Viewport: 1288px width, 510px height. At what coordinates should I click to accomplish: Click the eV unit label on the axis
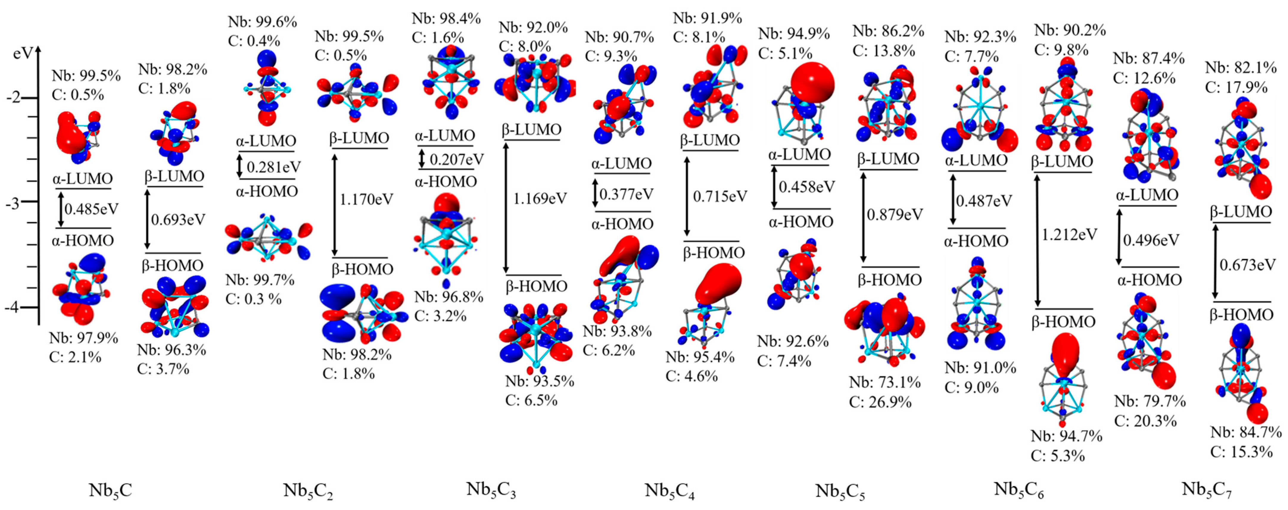pyautogui.click(x=23, y=54)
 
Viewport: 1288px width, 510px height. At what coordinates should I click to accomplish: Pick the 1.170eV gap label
pyautogui.click(x=367, y=199)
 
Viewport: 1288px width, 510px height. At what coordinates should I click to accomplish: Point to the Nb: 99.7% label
pyautogui.click(x=259, y=280)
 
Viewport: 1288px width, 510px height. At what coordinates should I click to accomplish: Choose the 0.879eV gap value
pyautogui.click(x=895, y=214)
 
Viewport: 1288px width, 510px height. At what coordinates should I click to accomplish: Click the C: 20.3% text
pyautogui.click(x=1145, y=421)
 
